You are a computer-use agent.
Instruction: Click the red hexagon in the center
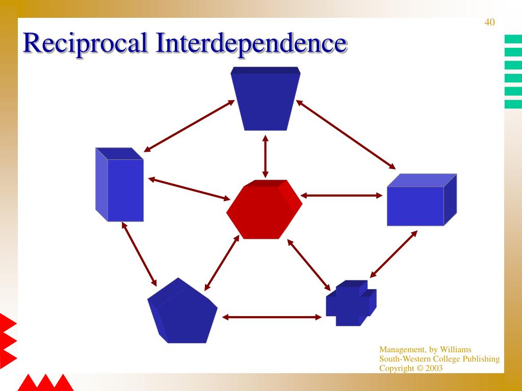pyautogui.click(x=265, y=209)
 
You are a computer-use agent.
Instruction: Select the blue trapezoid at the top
pyautogui.click(x=265, y=99)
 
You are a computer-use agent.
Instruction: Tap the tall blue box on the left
pyautogui.click(x=119, y=184)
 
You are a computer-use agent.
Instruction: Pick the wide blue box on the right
pyautogui.click(x=422, y=200)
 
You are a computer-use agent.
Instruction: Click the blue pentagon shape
pyautogui.click(x=182, y=311)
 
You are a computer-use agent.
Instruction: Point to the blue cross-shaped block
pyautogui.click(x=351, y=303)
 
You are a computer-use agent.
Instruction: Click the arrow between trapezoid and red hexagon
pyautogui.click(x=265, y=156)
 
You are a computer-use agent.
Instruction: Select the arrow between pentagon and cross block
pyautogui.click(x=272, y=317)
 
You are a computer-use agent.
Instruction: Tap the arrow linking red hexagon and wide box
pyautogui.click(x=341, y=195)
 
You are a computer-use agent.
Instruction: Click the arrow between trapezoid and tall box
pyautogui.click(x=189, y=126)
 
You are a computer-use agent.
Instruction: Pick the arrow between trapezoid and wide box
pyautogui.click(x=346, y=134)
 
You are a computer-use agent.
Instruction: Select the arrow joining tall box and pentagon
pyautogui.click(x=139, y=254)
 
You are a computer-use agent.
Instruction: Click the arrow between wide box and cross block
pyautogui.click(x=394, y=254)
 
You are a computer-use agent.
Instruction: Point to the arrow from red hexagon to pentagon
pyautogui.click(x=222, y=263)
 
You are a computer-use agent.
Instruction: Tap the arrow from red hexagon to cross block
pyautogui.click(x=308, y=265)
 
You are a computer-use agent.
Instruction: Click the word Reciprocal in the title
pyautogui.click(x=85, y=43)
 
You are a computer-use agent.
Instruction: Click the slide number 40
pyautogui.click(x=489, y=22)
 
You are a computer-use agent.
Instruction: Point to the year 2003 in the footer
pyautogui.click(x=434, y=368)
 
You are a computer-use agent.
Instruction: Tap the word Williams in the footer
pyautogui.click(x=455, y=349)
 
